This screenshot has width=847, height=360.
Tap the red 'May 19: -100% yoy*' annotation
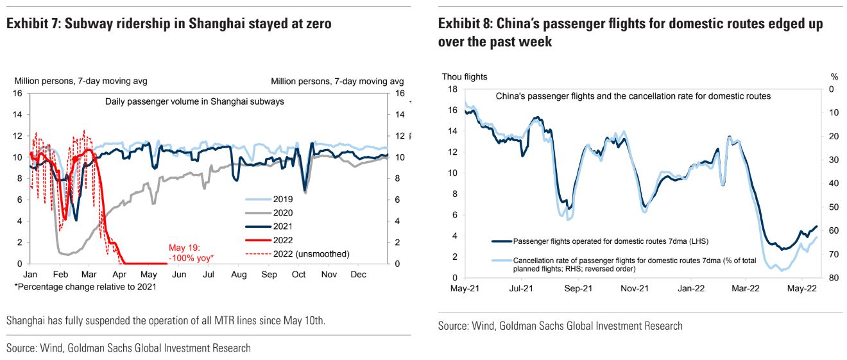[x=191, y=252]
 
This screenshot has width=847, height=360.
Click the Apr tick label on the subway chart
[x=119, y=274]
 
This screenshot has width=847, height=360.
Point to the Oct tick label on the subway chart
[x=299, y=274]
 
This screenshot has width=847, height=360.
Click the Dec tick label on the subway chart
[x=359, y=274]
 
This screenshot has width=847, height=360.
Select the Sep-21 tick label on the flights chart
[x=578, y=289]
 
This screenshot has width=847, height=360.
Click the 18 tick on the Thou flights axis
[x=452, y=89]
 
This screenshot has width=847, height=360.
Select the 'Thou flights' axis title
[x=465, y=76]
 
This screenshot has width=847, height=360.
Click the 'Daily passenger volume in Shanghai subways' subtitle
[x=194, y=101]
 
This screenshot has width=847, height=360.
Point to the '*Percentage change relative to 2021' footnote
[x=85, y=287]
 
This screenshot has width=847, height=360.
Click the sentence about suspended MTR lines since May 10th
[x=166, y=320]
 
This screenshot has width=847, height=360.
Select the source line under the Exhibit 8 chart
[x=560, y=326]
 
